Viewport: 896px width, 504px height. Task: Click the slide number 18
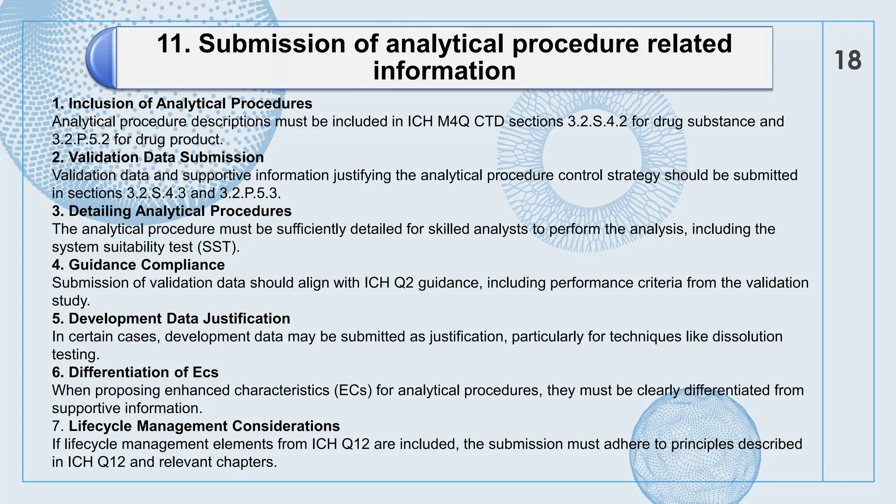[x=848, y=60]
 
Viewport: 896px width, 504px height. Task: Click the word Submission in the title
[x=272, y=44]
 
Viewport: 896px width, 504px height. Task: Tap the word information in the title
[x=444, y=71]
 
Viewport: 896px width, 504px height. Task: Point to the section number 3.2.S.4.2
[x=598, y=122]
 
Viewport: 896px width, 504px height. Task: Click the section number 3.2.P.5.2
[x=81, y=140]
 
